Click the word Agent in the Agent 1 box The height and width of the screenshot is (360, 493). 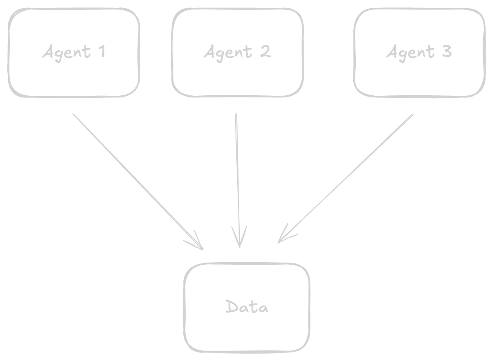pyautogui.click(x=67, y=53)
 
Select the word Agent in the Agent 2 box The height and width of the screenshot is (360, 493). pyautogui.click(x=227, y=53)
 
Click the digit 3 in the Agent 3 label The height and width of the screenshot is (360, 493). pyautogui.click(x=446, y=53)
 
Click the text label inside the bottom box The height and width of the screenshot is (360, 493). pyautogui.click(x=247, y=307)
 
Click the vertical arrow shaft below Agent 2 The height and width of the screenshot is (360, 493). pyautogui.click(x=236, y=172)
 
